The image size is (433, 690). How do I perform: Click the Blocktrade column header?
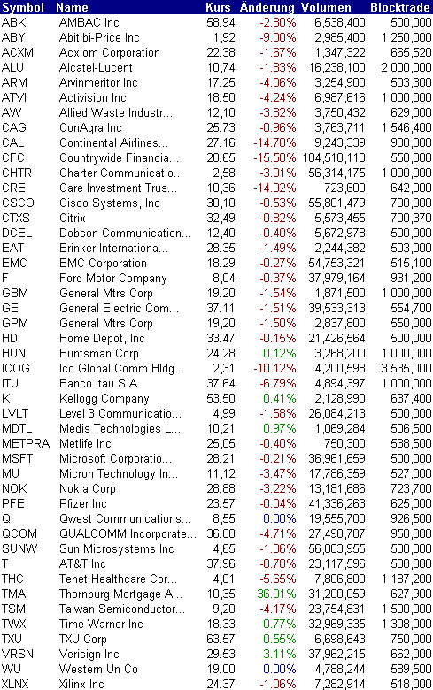click(x=400, y=7)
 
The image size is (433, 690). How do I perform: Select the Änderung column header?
click(x=267, y=7)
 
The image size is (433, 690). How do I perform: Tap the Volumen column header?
click(x=326, y=7)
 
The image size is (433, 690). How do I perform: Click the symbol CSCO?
click(x=18, y=203)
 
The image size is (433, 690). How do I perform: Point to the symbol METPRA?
click(x=26, y=443)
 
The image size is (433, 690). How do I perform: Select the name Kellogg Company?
click(x=104, y=399)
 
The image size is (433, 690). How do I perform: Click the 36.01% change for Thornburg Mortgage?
click(x=276, y=594)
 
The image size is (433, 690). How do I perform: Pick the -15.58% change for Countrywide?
click(x=274, y=158)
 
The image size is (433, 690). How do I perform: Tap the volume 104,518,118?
click(x=334, y=158)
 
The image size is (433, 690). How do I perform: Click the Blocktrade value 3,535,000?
click(x=406, y=368)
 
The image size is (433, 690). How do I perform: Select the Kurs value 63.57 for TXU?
click(x=221, y=639)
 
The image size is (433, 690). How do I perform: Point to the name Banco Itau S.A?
click(x=99, y=384)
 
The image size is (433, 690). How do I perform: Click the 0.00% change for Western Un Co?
click(x=279, y=670)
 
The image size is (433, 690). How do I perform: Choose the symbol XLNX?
click(x=15, y=685)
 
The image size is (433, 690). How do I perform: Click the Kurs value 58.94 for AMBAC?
click(x=221, y=22)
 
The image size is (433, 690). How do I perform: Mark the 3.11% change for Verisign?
click(x=279, y=655)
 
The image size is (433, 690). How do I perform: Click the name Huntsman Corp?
click(x=98, y=353)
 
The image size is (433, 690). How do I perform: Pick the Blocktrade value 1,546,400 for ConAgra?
click(x=406, y=128)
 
